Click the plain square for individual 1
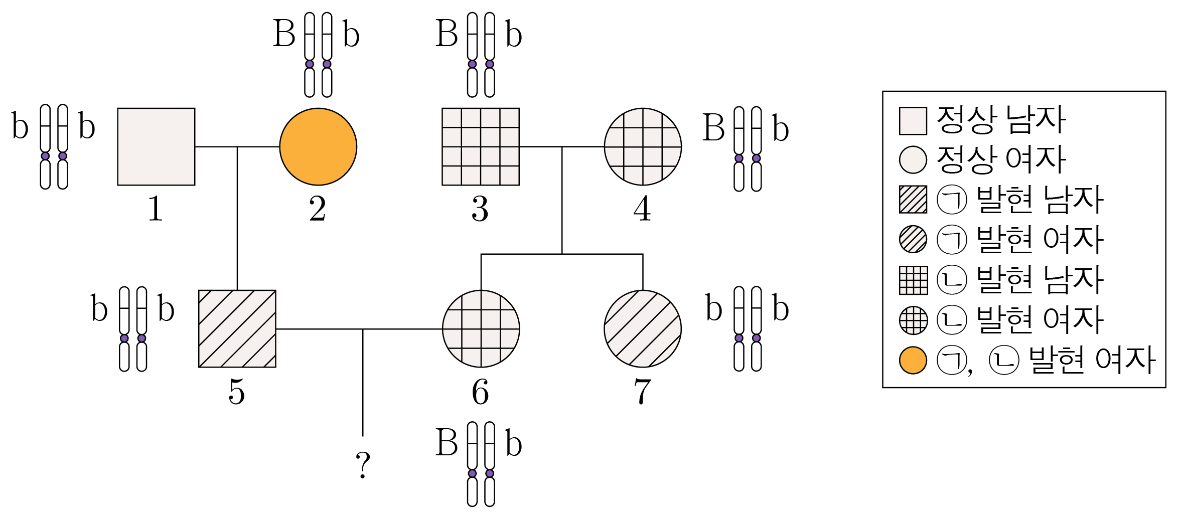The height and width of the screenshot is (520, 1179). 156,146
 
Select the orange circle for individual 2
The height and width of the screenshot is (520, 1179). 318,146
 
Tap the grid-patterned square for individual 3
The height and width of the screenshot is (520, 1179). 481,146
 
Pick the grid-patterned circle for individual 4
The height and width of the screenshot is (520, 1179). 643,146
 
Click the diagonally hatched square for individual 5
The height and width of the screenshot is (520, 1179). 237,328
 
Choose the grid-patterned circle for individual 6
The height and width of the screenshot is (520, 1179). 481,328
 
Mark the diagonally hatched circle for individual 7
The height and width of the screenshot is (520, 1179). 643,328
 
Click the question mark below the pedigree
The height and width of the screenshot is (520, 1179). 363,464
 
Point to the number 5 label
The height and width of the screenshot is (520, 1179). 237,391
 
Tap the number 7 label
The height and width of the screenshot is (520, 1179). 643,391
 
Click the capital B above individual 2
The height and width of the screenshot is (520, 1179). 284,34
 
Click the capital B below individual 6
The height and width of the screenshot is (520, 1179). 447,443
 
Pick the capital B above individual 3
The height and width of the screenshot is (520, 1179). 447,34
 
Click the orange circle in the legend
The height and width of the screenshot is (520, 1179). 913,361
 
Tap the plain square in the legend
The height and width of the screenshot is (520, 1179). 913,121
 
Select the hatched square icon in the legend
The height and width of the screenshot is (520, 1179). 913,200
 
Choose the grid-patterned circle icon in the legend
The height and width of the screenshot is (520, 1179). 913,320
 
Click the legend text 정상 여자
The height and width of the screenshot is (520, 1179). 1001,160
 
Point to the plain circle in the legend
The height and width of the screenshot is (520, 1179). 913,160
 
